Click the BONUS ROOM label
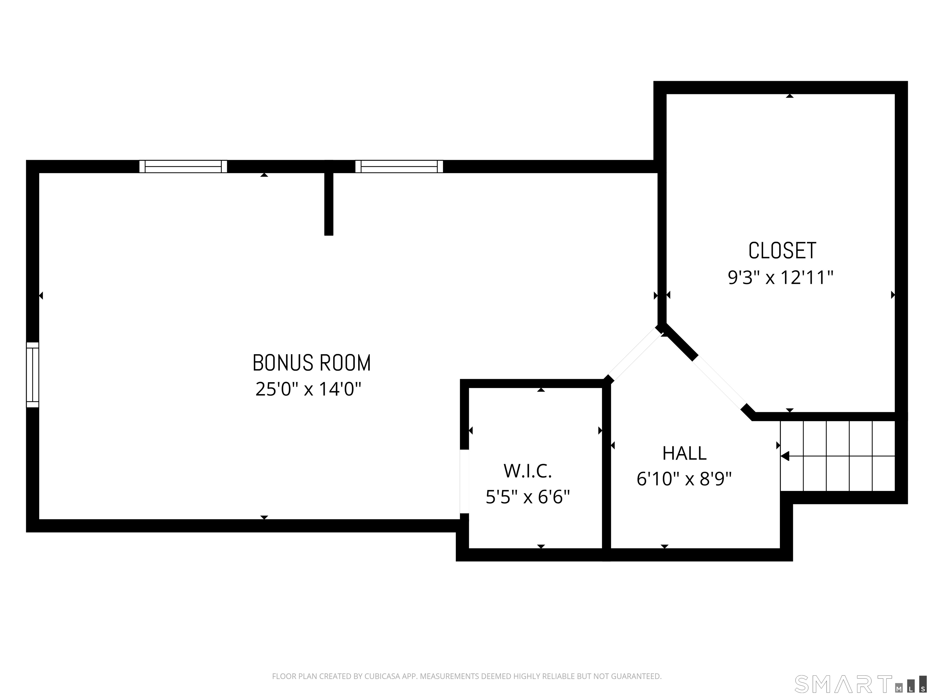click(312, 363)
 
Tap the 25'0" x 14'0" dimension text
click(309, 389)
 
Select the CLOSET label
click(782, 251)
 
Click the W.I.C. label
click(528, 471)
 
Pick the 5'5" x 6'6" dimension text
click(528, 497)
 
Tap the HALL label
click(684, 454)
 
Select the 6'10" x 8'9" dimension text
click(684, 479)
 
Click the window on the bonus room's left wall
click(33, 375)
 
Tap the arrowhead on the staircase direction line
click(785, 456)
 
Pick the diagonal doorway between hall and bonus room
click(634, 355)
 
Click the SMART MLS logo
click(860, 685)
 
